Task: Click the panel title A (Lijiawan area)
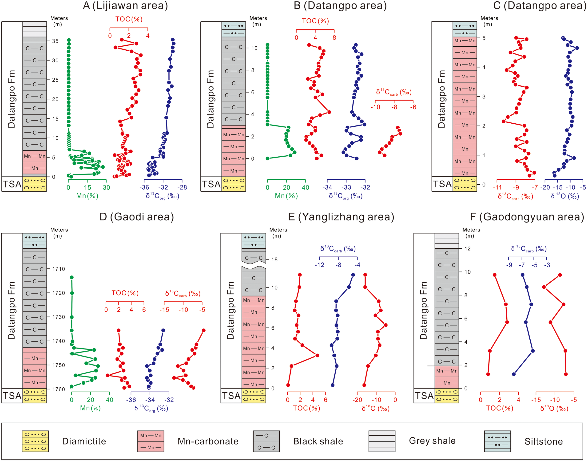click(x=125, y=6)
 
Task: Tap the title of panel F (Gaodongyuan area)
click(x=527, y=217)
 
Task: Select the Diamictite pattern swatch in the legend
click(x=35, y=441)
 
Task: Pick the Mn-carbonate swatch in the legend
click(x=151, y=441)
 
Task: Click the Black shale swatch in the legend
click(x=266, y=441)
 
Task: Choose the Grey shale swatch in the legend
click(x=382, y=441)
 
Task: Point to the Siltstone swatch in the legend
click(x=497, y=441)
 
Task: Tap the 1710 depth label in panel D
click(x=59, y=269)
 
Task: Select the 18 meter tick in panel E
click(x=274, y=260)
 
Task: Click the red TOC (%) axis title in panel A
click(x=129, y=19)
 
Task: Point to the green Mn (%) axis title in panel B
click(x=286, y=196)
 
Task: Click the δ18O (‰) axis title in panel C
click(x=565, y=196)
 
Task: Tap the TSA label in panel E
click(x=231, y=396)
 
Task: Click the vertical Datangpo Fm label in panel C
click(x=441, y=99)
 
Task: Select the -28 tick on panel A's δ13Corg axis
click(x=182, y=187)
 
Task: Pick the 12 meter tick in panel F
click(x=467, y=249)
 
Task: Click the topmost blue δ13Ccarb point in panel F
click(x=523, y=275)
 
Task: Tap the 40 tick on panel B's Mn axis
click(x=305, y=187)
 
